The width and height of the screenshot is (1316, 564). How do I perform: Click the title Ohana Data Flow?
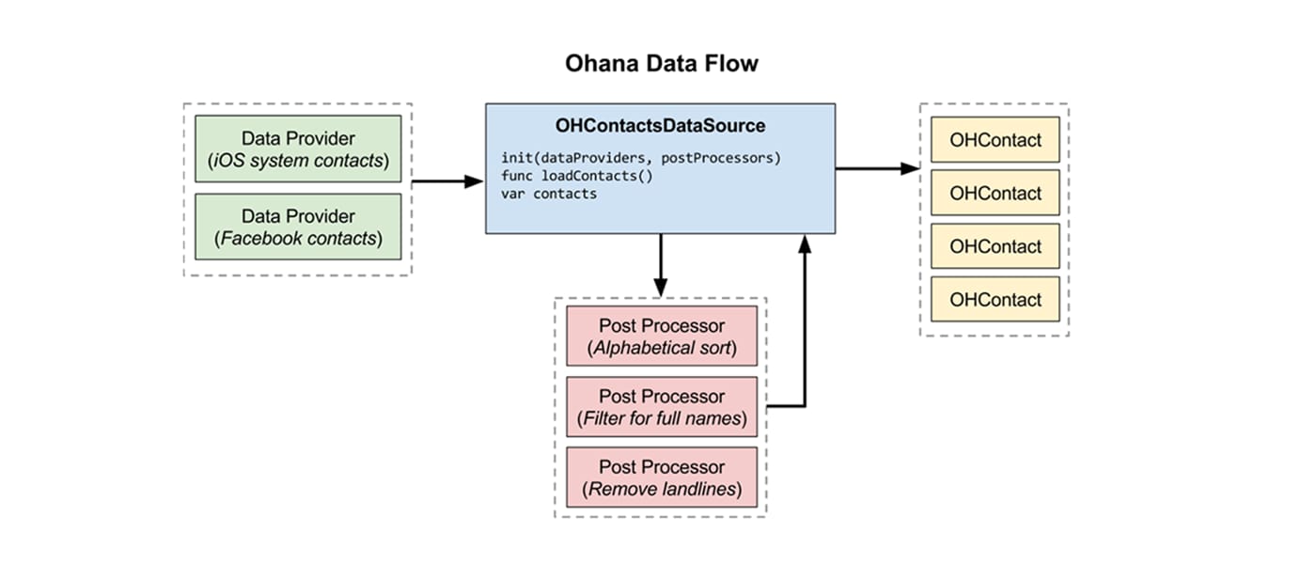tap(661, 64)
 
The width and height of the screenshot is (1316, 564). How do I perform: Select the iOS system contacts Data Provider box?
tap(298, 149)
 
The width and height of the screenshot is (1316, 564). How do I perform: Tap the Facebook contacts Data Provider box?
tap(298, 227)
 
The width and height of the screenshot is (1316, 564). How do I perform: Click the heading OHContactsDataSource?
tap(660, 125)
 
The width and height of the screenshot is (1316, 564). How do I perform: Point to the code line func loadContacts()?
tap(576, 176)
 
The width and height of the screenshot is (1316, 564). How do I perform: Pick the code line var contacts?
tap(549, 194)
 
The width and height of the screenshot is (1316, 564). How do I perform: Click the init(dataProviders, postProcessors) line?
tap(641, 158)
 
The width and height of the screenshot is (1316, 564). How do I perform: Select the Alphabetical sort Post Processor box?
tap(661, 337)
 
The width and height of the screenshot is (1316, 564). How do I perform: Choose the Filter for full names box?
tap(661, 407)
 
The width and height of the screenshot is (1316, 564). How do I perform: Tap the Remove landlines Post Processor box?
tap(661, 478)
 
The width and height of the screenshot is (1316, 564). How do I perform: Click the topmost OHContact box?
tap(995, 140)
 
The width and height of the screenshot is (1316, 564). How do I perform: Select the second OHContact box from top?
tap(995, 194)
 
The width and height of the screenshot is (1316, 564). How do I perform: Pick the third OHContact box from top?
tap(995, 246)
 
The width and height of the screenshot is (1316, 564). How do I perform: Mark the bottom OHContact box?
tap(995, 300)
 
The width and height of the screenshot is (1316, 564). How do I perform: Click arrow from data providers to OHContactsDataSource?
tap(447, 181)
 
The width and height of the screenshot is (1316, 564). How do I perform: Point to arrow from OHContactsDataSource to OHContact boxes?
tap(876, 168)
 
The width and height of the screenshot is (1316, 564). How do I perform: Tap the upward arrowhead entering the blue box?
tap(805, 244)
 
